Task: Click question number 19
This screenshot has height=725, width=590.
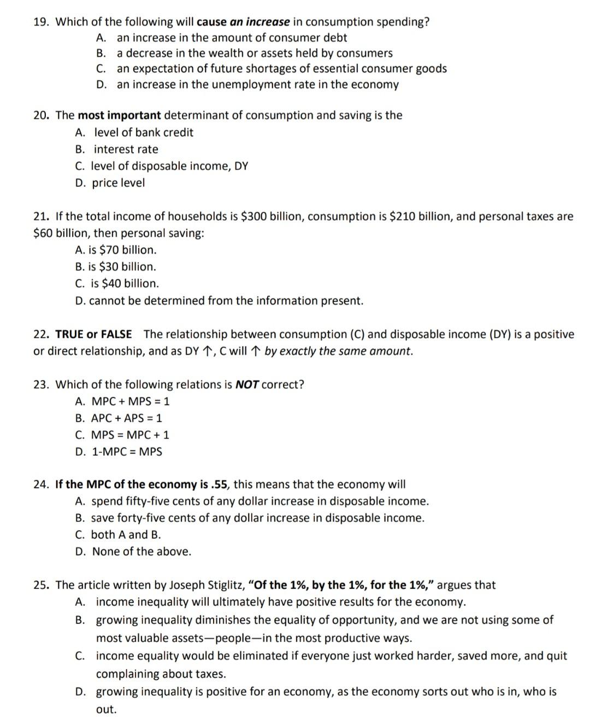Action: (42, 22)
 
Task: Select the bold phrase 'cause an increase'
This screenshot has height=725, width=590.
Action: (243, 22)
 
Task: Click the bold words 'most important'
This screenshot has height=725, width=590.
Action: (119, 115)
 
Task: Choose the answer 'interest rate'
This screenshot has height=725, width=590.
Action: (126, 149)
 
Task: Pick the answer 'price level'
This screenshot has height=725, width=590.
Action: (118, 183)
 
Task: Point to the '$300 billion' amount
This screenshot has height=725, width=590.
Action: (272, 216)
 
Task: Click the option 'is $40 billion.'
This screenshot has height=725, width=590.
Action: (125, 284)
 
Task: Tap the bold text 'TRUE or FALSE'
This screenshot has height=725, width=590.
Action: (93, 334)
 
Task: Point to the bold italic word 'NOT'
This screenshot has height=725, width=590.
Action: (247, 385)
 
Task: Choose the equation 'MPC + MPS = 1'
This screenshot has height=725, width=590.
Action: (131, 402)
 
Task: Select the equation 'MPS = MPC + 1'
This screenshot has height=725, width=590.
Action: (130, 435)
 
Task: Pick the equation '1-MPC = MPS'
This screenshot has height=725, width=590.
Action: (127, 452)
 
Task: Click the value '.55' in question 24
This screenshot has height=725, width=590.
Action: (221, 485)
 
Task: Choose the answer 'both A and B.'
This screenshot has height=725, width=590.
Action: (126, 535)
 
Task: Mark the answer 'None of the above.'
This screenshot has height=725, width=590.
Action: (141, 552)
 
